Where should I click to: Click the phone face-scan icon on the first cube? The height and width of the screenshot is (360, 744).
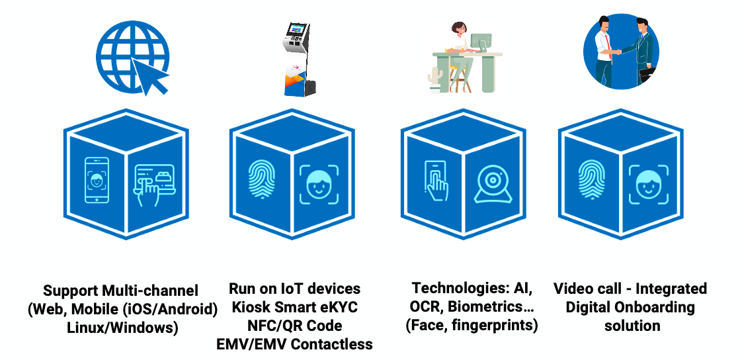(97, 179)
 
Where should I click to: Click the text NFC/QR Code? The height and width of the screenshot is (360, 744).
(295, 326)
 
